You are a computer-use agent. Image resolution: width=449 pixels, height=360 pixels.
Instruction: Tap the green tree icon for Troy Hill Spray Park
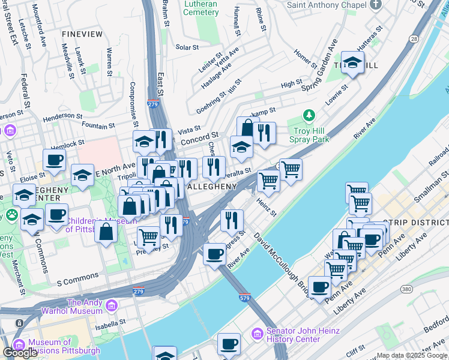(309, 115)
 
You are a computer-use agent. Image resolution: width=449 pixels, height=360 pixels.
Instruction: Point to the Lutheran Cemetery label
(200, 8)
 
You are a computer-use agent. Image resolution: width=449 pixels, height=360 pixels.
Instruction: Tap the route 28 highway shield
(414, 38)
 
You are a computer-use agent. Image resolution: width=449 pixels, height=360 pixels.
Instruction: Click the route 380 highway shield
(406, 289)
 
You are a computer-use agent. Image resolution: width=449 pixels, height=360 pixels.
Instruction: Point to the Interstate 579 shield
(244, 298)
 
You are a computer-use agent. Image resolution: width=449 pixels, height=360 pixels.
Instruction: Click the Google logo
(20, 353)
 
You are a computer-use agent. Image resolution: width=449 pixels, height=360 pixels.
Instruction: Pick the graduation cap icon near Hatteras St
(352, 62)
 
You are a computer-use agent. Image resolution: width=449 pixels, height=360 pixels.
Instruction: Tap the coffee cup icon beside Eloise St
(54, 160)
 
